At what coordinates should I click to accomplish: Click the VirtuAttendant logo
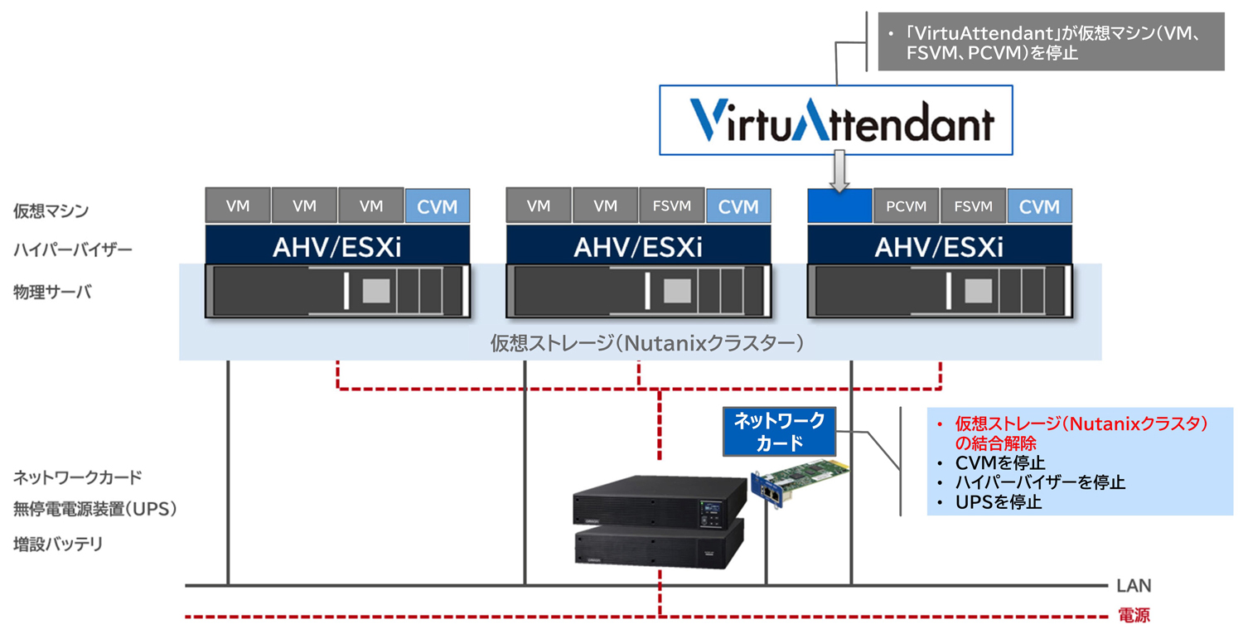[x=835, y=121]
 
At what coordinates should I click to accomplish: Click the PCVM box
[x=906, y=206]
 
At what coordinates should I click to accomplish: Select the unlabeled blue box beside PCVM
[x=839, y=206]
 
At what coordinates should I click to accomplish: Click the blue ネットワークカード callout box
[x=780, y=431]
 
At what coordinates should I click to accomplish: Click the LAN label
[x=1134, y=586]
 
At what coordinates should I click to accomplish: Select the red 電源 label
[x=1134, y=617]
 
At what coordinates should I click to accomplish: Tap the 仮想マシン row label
[x=51, y=211]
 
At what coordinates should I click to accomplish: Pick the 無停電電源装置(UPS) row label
[x=95, y=510]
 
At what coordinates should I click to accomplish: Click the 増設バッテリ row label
[x=58, y=544]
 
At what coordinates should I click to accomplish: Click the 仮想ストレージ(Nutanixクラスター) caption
[x=646, y=342]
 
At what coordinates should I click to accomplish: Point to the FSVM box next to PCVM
[x=973, y=206]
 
